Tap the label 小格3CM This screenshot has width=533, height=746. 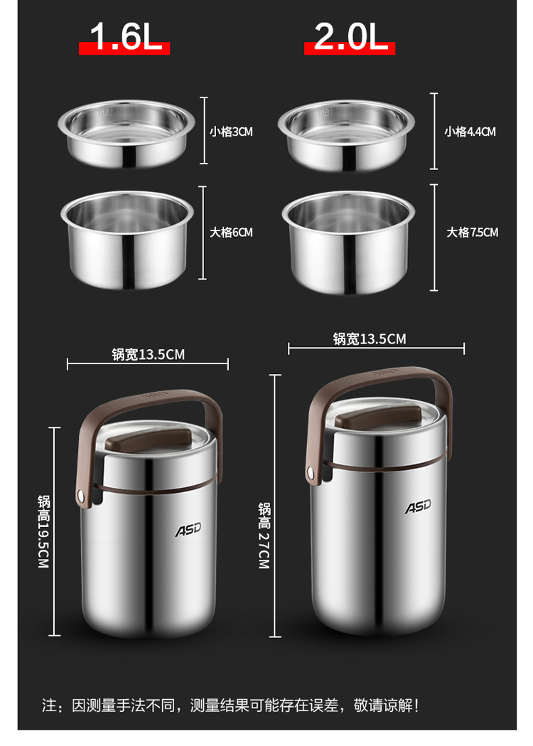click(231, 132)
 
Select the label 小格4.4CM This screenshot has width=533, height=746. click(470, 132)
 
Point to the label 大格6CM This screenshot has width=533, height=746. click(231, 232)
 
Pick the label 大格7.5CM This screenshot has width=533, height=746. click(472, 232)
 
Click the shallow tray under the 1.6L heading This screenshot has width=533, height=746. click(126, 133)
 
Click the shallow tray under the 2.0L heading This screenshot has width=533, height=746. click(346, 135)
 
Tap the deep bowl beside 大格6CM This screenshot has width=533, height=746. click(127, 240)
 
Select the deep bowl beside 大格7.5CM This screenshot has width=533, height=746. click(348, 242)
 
